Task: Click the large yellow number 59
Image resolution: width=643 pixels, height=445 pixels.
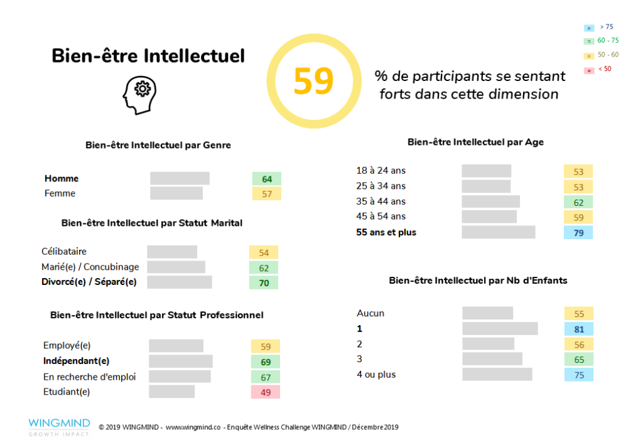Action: tap(313, 81)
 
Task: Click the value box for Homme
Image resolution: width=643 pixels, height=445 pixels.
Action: tap(267, 179)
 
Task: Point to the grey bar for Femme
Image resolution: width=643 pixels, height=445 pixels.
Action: tap(176, 193)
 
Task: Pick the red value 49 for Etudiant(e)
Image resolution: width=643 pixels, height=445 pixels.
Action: tap(265, 392)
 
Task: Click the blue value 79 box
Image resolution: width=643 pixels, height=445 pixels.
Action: tap(578, 232)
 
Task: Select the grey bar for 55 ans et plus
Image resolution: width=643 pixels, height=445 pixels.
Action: tap(499, 232)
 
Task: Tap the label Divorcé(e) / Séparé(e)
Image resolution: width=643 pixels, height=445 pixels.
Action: tap(89, 282)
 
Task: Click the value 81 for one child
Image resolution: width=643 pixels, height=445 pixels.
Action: tap(578, 328)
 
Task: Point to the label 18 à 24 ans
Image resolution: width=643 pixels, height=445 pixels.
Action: tap(381, 170)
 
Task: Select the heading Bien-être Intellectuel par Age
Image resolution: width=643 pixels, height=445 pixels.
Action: tap(475, 142)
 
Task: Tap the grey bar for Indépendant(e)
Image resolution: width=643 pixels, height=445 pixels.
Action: tap(181, 361)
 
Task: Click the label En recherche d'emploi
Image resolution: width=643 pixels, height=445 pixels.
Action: tap(90, 377)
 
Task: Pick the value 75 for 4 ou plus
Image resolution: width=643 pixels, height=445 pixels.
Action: tap(578, 375)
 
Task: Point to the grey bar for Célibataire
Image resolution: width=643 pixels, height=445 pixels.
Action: tap(172, 252)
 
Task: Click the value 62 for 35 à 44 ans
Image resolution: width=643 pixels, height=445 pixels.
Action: tap(578, 202)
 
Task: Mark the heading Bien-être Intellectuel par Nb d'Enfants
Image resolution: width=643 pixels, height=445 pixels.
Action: tap(478, 281)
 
